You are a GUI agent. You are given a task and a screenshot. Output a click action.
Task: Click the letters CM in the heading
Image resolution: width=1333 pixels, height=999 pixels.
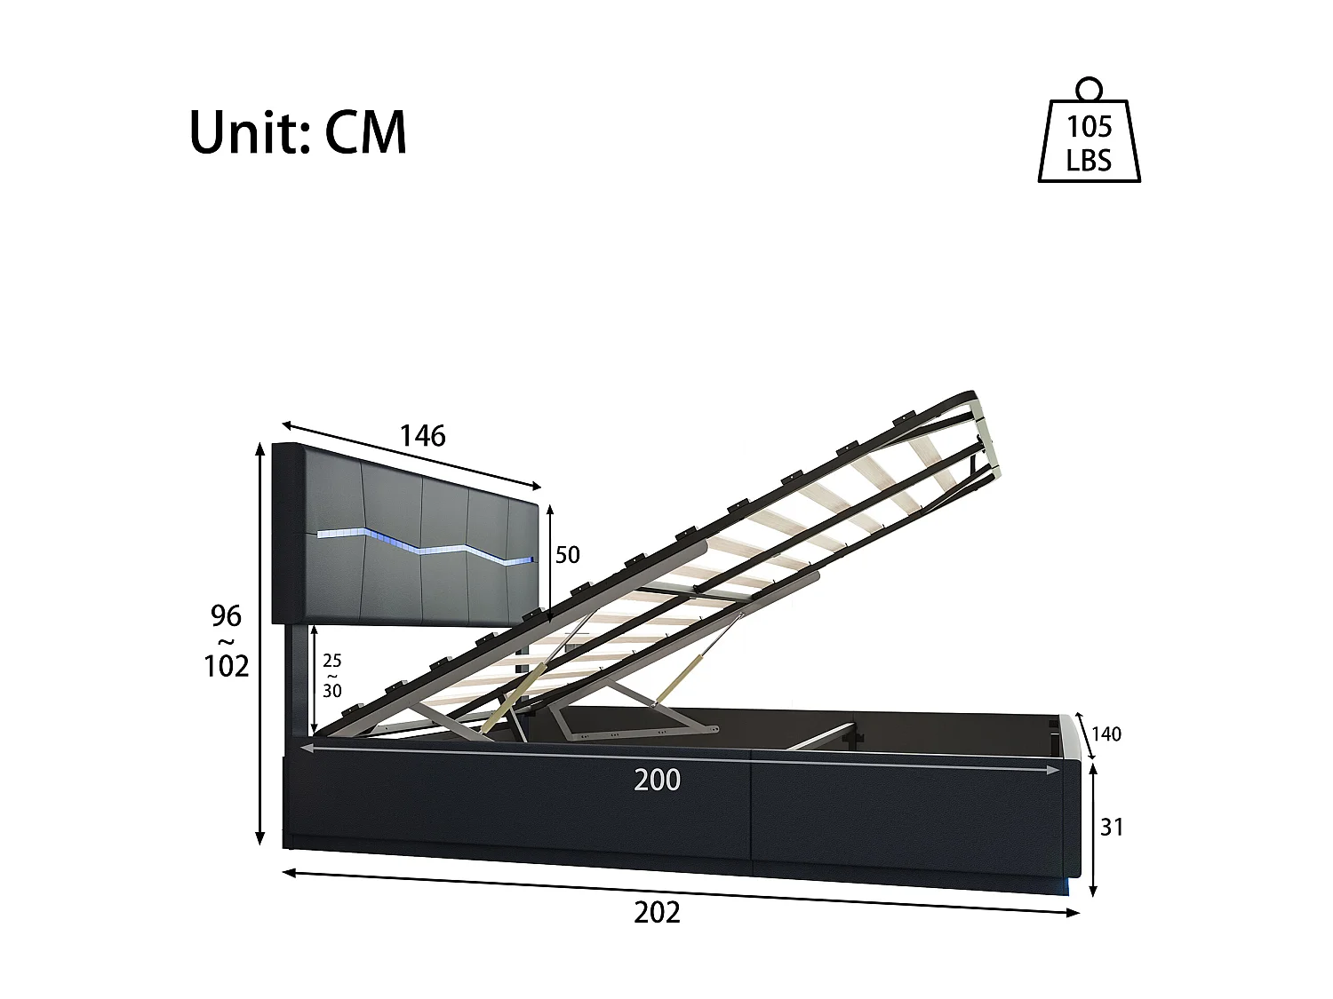coord(365,133)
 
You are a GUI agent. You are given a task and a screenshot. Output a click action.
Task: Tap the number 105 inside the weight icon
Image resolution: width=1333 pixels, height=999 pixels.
coord(1090,127)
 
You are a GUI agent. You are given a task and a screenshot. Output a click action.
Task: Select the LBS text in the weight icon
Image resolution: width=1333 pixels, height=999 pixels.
coord(1090,161)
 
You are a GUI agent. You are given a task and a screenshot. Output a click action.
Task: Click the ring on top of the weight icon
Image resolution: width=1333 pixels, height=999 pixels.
coord(1090,89)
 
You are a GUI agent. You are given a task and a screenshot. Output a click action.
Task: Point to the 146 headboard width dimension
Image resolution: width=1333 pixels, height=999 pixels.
coord(422,436)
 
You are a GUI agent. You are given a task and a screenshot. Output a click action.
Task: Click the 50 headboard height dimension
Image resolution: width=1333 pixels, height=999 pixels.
coord(567,555)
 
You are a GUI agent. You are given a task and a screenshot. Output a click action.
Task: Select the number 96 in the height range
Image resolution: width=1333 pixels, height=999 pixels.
coord(226,614)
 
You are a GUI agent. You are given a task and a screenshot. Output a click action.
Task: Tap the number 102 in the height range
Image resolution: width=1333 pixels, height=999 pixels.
coord(226,665)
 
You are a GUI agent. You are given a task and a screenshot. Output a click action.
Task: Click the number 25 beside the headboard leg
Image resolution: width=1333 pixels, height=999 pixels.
coord(331,661)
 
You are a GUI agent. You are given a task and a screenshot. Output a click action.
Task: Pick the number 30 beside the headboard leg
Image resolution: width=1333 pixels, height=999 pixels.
coord(331,690)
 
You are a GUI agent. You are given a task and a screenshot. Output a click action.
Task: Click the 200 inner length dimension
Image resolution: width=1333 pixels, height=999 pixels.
coord(658,780)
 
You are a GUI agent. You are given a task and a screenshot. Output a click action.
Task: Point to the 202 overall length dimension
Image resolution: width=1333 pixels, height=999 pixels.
coord(658,912)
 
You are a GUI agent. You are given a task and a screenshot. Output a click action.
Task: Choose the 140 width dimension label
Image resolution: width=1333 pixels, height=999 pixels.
coord(1106,733)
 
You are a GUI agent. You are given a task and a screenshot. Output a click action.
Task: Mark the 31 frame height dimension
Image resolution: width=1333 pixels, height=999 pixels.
coord(1112,827)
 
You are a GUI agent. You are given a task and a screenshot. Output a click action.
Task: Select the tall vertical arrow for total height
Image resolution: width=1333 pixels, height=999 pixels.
coord(260,644)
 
